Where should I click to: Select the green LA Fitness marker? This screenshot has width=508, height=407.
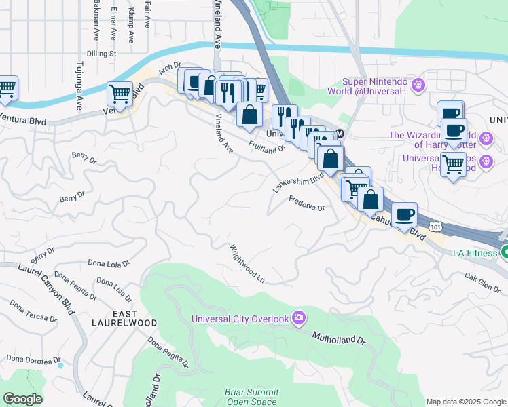coord(504,252)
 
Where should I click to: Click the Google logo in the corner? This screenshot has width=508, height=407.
coord(22,399)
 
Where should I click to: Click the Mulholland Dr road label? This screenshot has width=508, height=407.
coord(339,336)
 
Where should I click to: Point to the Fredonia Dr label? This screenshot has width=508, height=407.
coord(307,203)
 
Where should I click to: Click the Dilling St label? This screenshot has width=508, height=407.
coord(104,52)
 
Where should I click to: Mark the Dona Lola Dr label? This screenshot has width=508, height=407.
coord(109,263)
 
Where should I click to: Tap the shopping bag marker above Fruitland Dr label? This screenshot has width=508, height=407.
coord(249,115)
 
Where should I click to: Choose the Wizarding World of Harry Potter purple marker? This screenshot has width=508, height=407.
coord(486,139)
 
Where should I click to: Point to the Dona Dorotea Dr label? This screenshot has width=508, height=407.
coord(34,359)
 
